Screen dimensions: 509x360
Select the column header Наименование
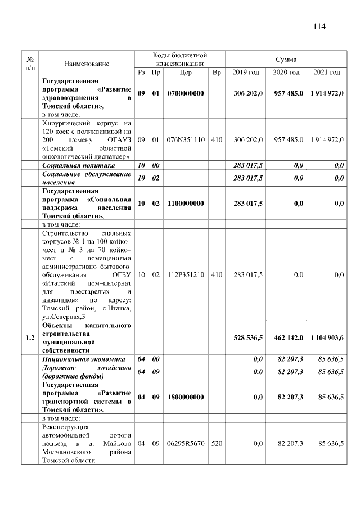tap(87, 64)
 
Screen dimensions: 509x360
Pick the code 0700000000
tap(186, 93)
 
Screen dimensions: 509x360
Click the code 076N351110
tap(186, 138)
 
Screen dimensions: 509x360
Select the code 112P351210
tap(186, 274)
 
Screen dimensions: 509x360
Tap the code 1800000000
tap(186, 397)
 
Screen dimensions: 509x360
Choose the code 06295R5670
tap(186, 444)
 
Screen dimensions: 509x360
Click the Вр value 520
tap(217, 444)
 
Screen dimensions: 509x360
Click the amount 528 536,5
tap(248, 337)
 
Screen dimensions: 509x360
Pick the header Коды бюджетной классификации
tap(180, 59)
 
